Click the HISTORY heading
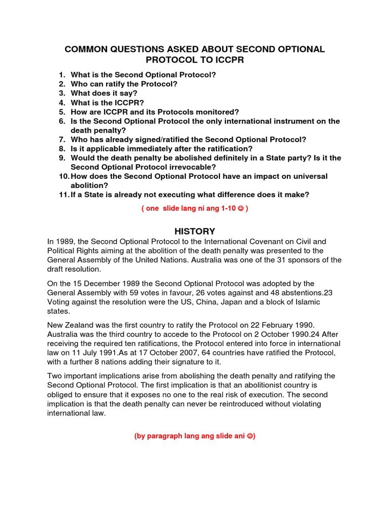[195, 231]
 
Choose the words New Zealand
[69, 324]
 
